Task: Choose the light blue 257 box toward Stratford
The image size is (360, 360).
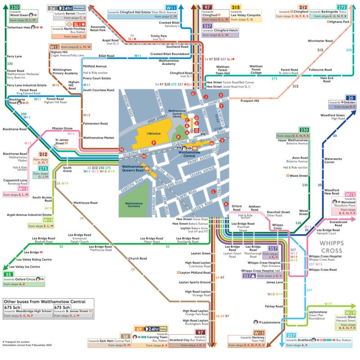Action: pos(291,336)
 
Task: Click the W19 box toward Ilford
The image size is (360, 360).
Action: pos(349,312)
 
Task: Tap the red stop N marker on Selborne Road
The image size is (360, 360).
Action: pos(121,149)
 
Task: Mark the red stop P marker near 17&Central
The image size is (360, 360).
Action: pos(153,142)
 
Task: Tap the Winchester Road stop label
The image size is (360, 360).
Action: pos(320,41)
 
